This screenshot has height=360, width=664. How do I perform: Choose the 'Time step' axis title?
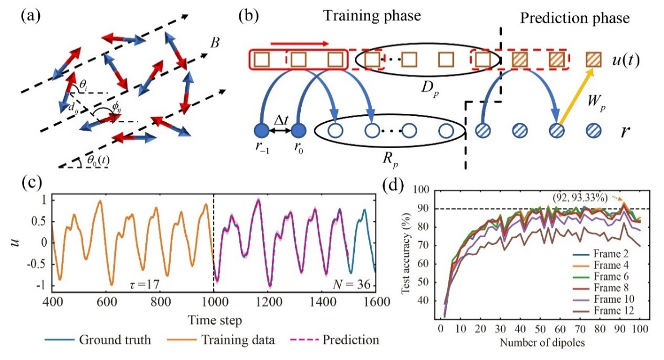pos(213,321)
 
